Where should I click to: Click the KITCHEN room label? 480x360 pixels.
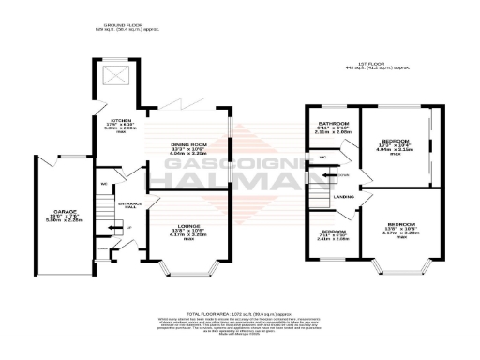121,121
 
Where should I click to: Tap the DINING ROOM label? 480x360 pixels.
187,143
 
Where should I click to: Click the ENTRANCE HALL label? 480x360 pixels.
128,203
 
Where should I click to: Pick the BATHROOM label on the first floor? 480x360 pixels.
333,124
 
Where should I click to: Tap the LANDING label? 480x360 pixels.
344,196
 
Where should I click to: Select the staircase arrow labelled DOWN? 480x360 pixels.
340,176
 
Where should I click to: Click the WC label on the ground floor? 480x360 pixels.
105,184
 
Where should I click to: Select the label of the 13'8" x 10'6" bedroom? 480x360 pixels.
404,225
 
